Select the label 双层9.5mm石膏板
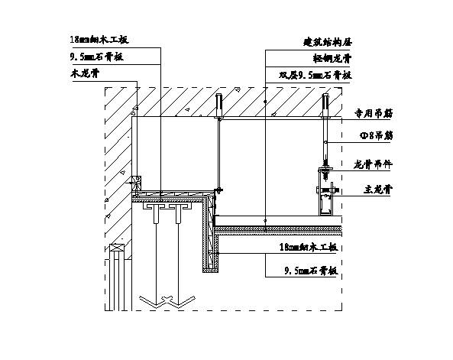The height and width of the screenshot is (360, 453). [315, 75]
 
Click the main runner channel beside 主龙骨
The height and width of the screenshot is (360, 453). [325, 199]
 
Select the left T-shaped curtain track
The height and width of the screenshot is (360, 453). [158, 208]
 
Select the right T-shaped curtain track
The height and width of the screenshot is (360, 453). [180, 208]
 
